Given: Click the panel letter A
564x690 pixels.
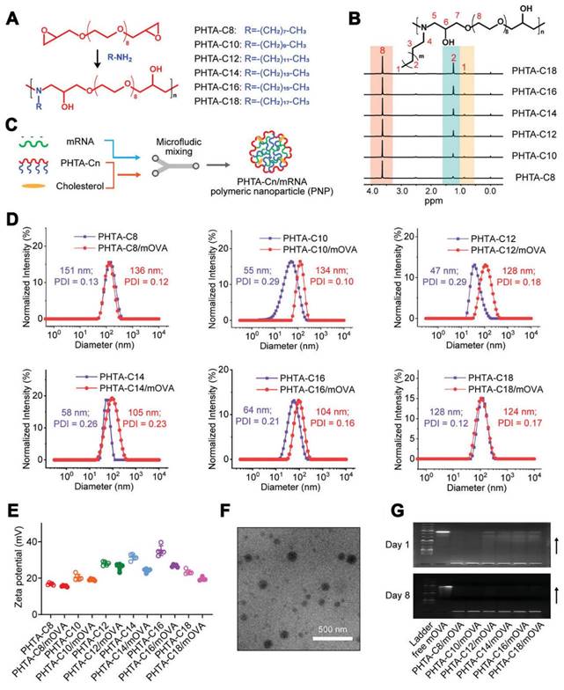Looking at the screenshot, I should click(x=11, y=12).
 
